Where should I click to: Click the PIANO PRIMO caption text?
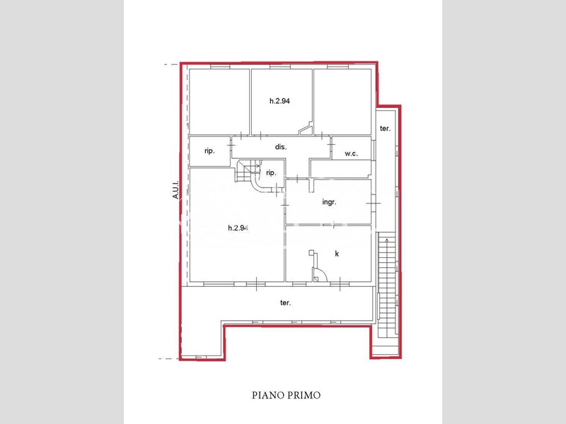(x=286, y=395)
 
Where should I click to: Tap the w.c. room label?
(x=351, y=153)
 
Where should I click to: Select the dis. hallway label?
(x=281, y=147)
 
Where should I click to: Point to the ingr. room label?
(x=329, y=202)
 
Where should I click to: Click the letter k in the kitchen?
(x=337, y=254)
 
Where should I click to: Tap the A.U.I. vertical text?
(x=175, y=189)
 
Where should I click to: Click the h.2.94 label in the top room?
(x=279, y=101)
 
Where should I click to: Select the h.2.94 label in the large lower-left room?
(x=238, y=228)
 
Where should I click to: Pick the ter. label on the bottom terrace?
(x=286, y=303)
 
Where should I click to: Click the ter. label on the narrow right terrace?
(x=385, y=129)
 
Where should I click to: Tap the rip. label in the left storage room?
(x=209, y=151)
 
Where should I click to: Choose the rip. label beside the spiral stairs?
(x=271, y=173)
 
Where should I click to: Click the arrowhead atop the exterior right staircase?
(x=387, y=240)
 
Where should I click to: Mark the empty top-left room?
(x=219, y=102)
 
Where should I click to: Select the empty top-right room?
(x=342, y=102)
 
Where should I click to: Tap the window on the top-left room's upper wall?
(x=220, y=66)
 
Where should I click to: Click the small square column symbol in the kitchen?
(x=311, y=253)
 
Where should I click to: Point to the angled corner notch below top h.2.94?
(x=306, y=129)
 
